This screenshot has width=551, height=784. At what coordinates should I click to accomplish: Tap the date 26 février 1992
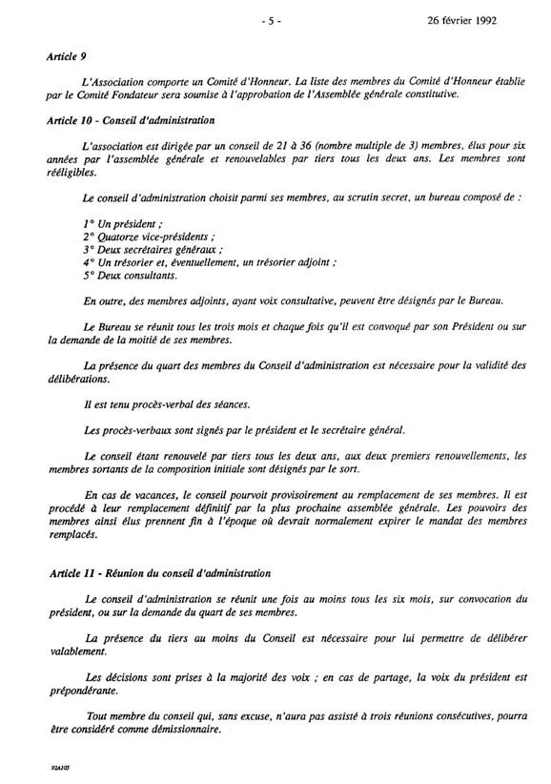pos(486,18)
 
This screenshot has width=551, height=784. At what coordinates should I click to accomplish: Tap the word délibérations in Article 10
pos(78,379)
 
